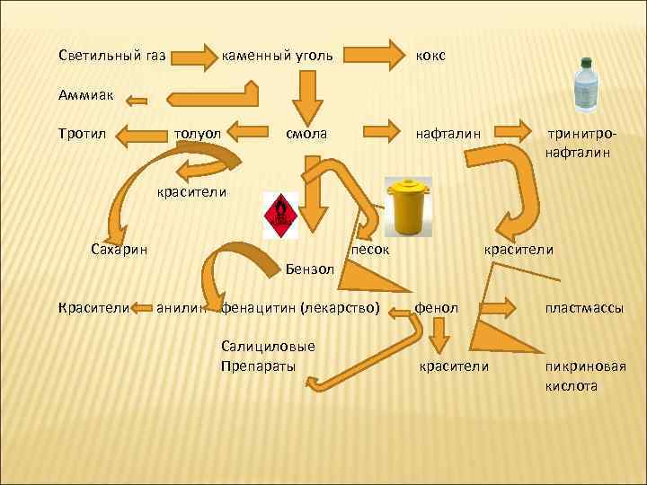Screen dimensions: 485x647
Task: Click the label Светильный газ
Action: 112,56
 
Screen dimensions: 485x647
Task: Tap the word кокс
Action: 430,56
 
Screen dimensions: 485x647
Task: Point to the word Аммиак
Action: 86,93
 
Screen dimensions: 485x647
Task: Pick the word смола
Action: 306,134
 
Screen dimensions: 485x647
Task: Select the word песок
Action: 370,249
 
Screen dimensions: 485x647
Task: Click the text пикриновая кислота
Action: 585,375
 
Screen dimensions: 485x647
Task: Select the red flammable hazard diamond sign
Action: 280,215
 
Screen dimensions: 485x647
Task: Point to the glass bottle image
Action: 589,83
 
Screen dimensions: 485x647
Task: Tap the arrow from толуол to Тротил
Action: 140,136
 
